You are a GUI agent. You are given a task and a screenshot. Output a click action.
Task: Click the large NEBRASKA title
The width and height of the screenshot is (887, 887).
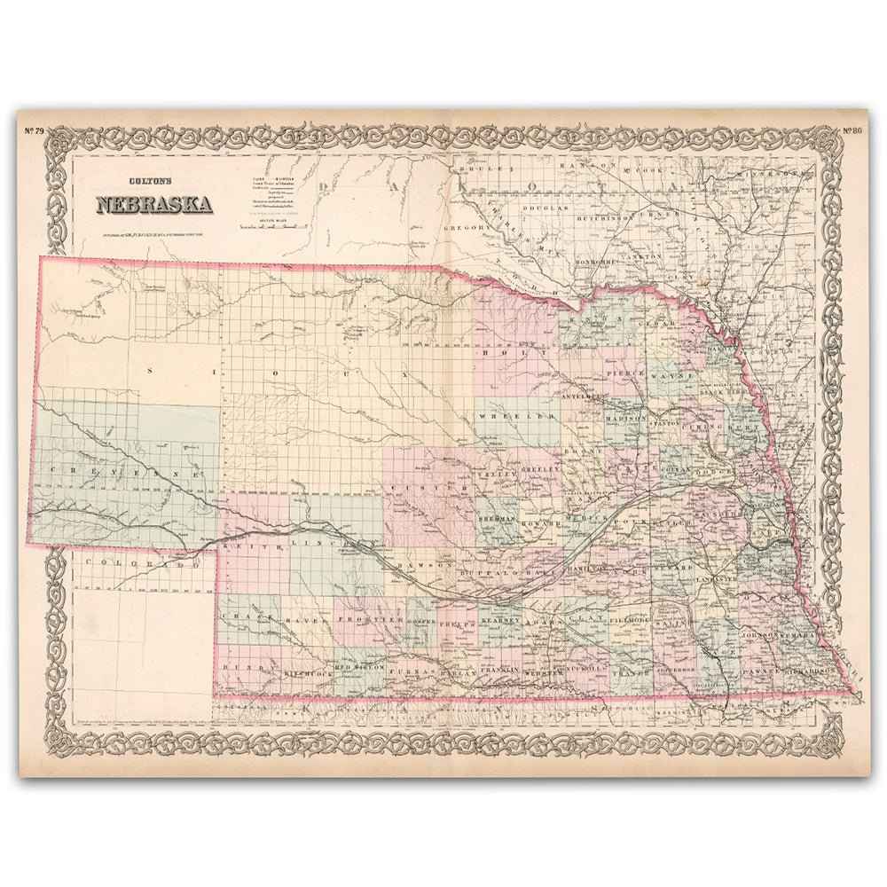tap(153, 205)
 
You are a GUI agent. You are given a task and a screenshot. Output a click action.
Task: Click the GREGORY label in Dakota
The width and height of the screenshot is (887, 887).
tap(464, 228)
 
